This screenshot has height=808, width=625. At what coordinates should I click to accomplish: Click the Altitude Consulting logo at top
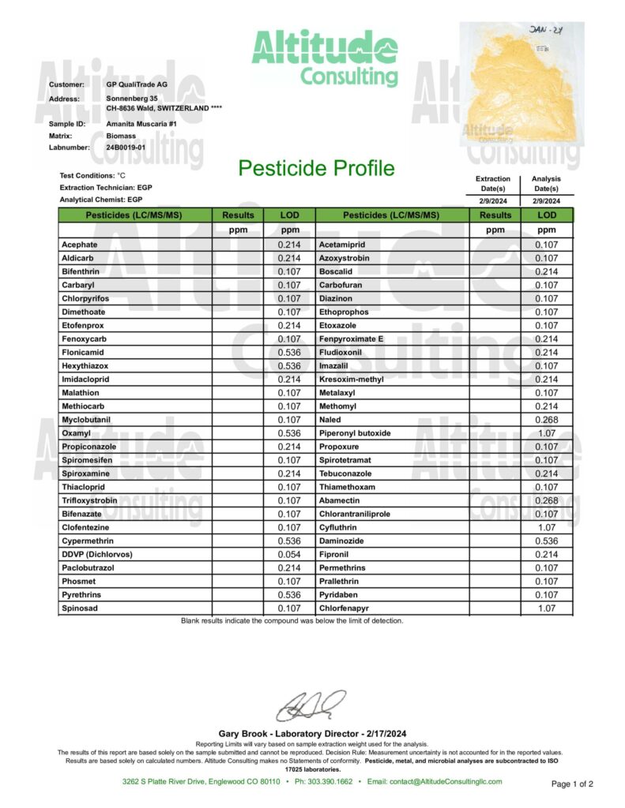325,57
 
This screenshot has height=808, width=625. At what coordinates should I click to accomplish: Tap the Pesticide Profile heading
316,168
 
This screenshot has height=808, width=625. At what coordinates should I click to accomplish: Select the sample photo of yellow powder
521,85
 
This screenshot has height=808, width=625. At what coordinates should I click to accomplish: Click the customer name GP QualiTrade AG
137,84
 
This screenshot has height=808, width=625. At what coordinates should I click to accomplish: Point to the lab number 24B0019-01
126,147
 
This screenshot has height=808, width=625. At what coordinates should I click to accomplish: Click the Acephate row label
79,245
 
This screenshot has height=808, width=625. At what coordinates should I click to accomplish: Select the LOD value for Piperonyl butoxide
546,433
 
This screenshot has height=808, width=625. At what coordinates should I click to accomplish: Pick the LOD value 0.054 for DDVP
289,554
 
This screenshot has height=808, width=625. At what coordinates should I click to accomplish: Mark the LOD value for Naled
546,419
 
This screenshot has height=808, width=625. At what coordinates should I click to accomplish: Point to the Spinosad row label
79,608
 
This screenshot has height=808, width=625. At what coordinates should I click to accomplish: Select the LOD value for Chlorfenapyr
546,608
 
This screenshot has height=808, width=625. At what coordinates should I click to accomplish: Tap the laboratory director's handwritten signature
314,705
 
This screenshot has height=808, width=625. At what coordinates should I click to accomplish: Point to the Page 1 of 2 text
571,784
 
